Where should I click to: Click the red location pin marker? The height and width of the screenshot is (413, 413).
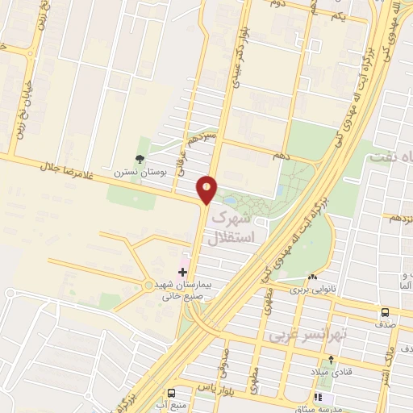[x=207, y=190]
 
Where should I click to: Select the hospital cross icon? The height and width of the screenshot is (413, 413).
[x=183, y=273]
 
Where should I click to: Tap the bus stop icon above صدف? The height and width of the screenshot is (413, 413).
[x=385, y=312]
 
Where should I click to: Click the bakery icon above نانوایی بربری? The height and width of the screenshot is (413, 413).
[x=312, y=277]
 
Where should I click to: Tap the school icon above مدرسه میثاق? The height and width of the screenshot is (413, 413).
[x=319, y=398]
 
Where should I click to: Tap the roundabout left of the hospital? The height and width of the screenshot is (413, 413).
[x=147, y=285]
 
